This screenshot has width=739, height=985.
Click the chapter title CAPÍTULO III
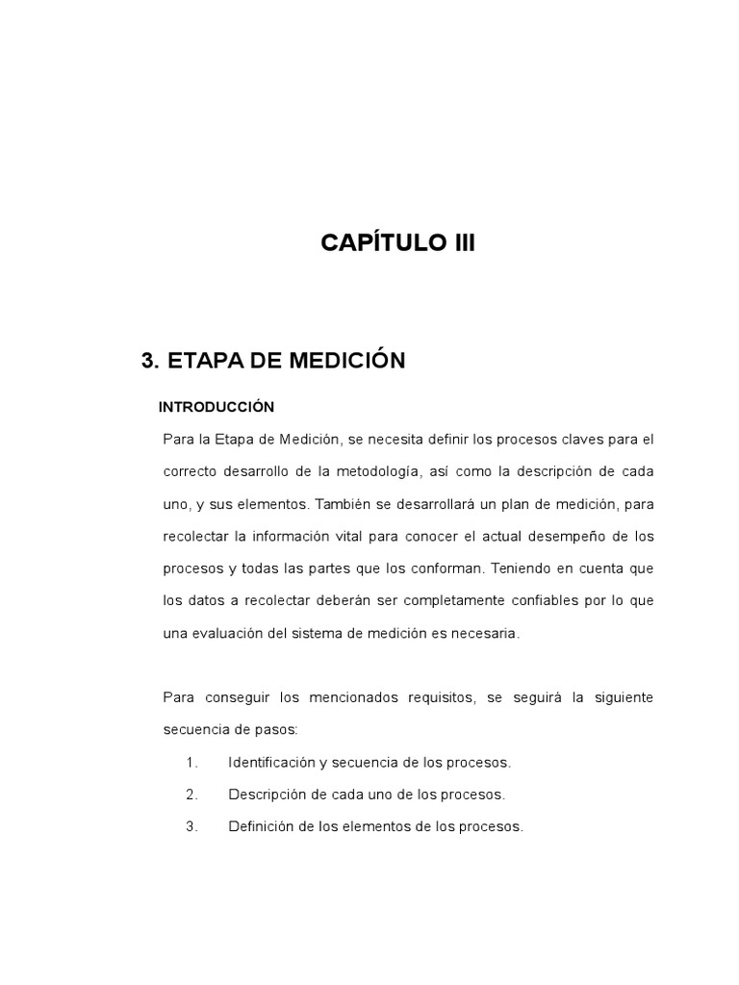397,243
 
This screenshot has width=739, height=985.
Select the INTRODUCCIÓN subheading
217,407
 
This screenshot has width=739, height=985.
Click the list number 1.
191,762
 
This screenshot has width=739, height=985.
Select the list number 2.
191,795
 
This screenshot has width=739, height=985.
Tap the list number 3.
191,826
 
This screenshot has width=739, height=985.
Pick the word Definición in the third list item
260,826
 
